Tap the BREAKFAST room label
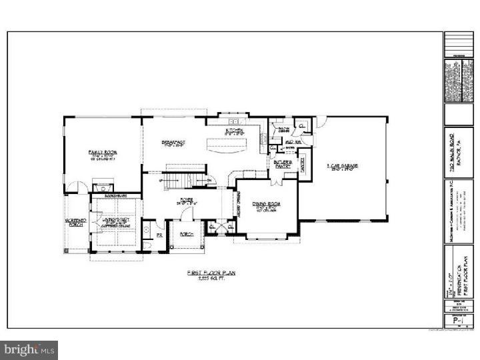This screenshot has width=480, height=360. (x=173, y=143)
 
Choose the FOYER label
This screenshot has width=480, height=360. (x=186, y=198)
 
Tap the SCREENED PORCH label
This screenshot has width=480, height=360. (x=74, y=223)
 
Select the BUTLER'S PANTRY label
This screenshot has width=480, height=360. (x=281, y=163)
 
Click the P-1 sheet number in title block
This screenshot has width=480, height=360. (x=457, y=321)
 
